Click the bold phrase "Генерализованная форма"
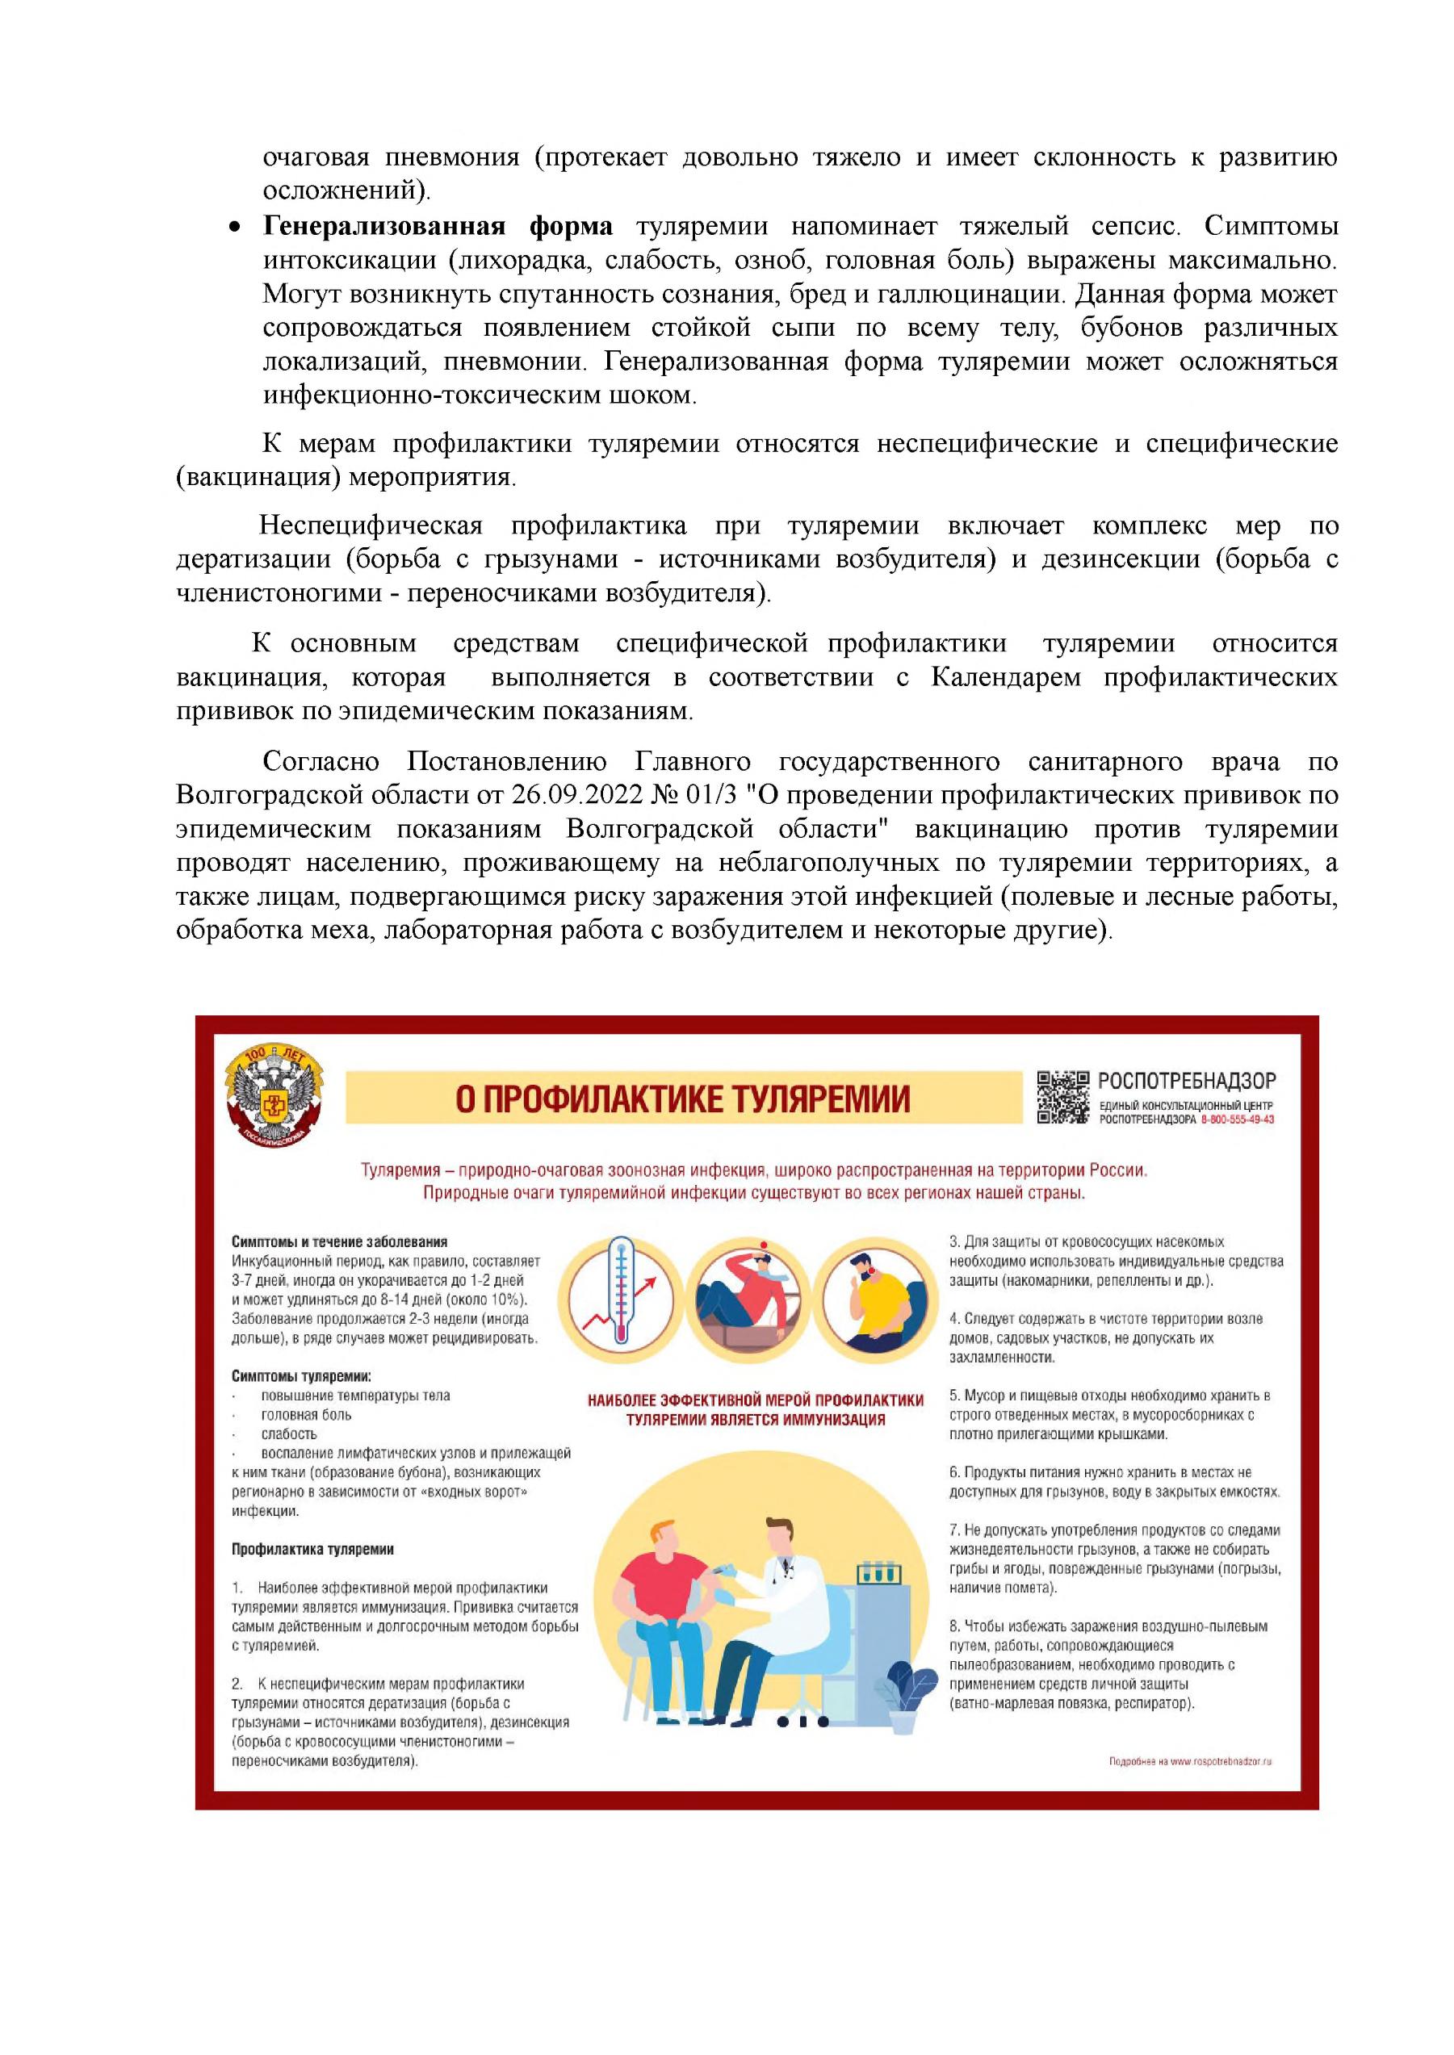click(438, 227)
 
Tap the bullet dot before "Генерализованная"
click(235, 228)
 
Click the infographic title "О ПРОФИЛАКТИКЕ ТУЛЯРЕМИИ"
click(682, 1099)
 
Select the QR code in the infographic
click(1062, 1096)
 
